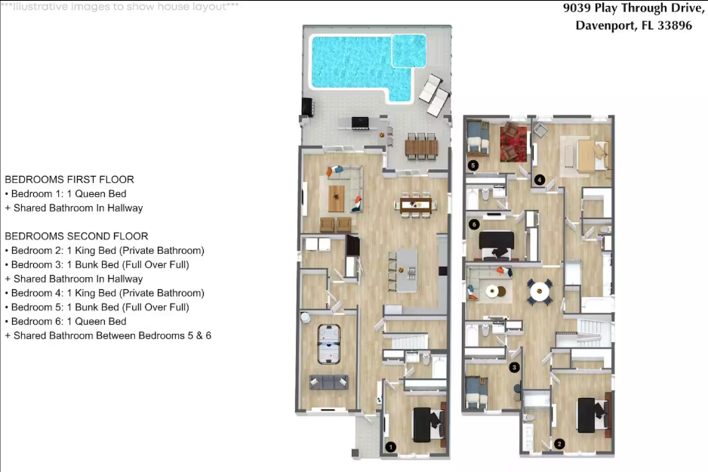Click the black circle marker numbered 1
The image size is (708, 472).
390,447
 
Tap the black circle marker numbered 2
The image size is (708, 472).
559,444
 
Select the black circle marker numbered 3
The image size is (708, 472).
514,367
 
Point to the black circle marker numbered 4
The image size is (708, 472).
539,180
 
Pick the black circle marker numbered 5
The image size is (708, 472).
473,165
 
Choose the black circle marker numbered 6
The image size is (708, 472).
474,224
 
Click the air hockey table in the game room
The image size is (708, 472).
329,344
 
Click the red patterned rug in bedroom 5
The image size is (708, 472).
513,144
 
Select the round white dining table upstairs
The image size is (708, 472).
540,292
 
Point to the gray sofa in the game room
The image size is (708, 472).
329,382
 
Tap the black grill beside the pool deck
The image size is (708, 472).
307,107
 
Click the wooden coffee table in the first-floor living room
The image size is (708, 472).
336,199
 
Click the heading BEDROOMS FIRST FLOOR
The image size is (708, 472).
69,179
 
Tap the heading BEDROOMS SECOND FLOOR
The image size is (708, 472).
76,236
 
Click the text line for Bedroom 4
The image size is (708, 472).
105,293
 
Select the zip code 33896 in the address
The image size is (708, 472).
675,25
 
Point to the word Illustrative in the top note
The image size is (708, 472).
43,7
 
